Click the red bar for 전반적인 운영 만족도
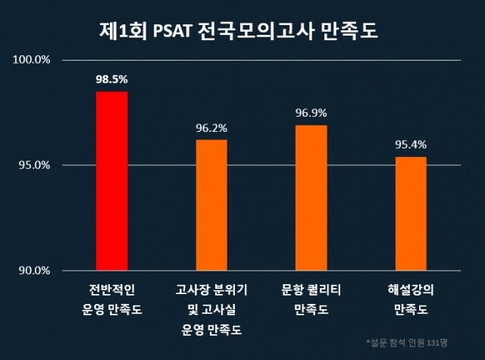tap(111, 181)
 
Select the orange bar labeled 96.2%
tap(211, 205)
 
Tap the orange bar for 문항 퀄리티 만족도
tap(311, 198)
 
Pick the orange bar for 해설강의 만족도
tap(411, 214)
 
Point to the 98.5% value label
tap(111, 78)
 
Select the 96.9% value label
tap(311, 113)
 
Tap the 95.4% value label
tap(411, 144)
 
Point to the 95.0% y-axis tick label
tap(35, 165)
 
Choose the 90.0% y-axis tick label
tap(35, 271)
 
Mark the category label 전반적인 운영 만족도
tap(111, 299)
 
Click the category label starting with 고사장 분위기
tap(211, 309)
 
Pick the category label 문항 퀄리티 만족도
tap(311, 299)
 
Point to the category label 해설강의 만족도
tap(411, 299)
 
